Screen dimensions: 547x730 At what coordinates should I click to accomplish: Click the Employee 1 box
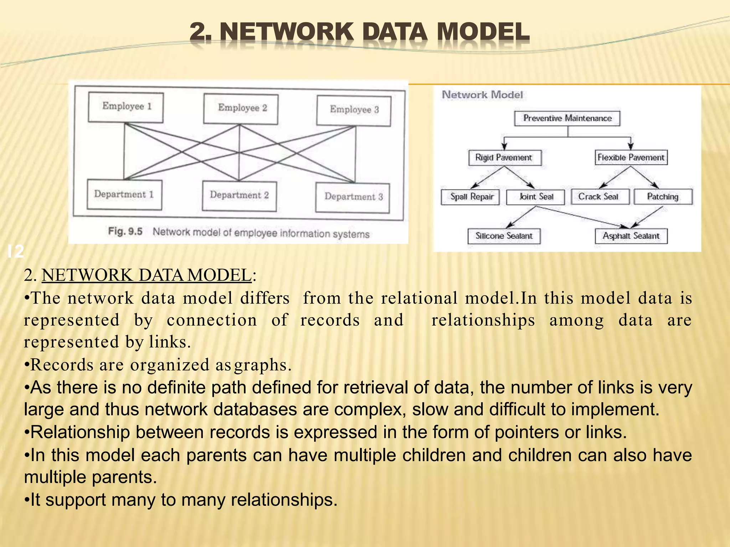125,107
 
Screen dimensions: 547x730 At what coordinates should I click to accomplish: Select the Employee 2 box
241,109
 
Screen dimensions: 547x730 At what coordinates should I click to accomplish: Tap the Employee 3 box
354,110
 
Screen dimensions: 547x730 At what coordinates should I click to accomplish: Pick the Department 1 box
124,194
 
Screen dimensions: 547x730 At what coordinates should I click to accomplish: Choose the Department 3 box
353,197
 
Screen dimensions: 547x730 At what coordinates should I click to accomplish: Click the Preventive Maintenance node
567,118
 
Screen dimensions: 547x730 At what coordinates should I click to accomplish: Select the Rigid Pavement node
504,157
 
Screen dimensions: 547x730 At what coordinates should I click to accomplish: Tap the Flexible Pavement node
631,157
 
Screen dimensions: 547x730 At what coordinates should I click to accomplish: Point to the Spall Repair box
470,197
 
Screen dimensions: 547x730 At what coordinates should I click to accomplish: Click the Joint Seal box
535,197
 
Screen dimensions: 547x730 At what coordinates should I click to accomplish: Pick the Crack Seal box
600,197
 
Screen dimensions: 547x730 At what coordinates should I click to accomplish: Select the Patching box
663,197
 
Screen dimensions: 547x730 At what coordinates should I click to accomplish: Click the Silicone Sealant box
504,236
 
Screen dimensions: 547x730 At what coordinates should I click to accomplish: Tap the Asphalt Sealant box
631,236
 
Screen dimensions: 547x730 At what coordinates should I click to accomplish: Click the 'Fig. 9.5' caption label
125,231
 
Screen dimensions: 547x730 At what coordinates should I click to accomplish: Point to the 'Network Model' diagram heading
482,95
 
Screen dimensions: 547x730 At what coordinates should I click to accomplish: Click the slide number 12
16,251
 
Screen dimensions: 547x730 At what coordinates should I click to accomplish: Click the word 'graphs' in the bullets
262,365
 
